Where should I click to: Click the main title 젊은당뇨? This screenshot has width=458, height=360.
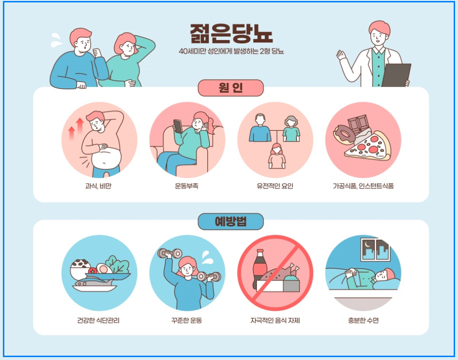[x=231, y=33]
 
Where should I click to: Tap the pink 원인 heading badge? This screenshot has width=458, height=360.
[x=231, y=88]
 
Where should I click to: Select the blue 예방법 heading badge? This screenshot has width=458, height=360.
[x=231, y=222]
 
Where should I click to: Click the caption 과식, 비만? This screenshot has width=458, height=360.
[x=98, y=186]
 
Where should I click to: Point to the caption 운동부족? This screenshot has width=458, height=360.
[x=187, y=186]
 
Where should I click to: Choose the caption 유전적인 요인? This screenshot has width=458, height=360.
[x=275, y=186]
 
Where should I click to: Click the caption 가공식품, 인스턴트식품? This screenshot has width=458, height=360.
[x=363, y=186]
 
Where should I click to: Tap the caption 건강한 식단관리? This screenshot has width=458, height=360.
[x=98, y=320]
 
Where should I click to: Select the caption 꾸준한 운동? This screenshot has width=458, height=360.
[x=187, y=320]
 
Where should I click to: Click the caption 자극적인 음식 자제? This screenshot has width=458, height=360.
[x=275, y=320]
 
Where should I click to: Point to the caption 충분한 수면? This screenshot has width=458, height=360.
[x=363, y=320]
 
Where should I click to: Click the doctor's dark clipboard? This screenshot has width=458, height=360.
[x=396, y=75]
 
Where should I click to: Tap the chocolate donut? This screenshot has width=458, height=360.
[x=344, y=135]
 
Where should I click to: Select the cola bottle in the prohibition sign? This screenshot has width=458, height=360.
[x=258, y=269]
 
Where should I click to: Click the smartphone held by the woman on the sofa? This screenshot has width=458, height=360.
[x=178, y=126]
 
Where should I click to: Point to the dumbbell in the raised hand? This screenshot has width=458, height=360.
[x=170, y=253]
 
